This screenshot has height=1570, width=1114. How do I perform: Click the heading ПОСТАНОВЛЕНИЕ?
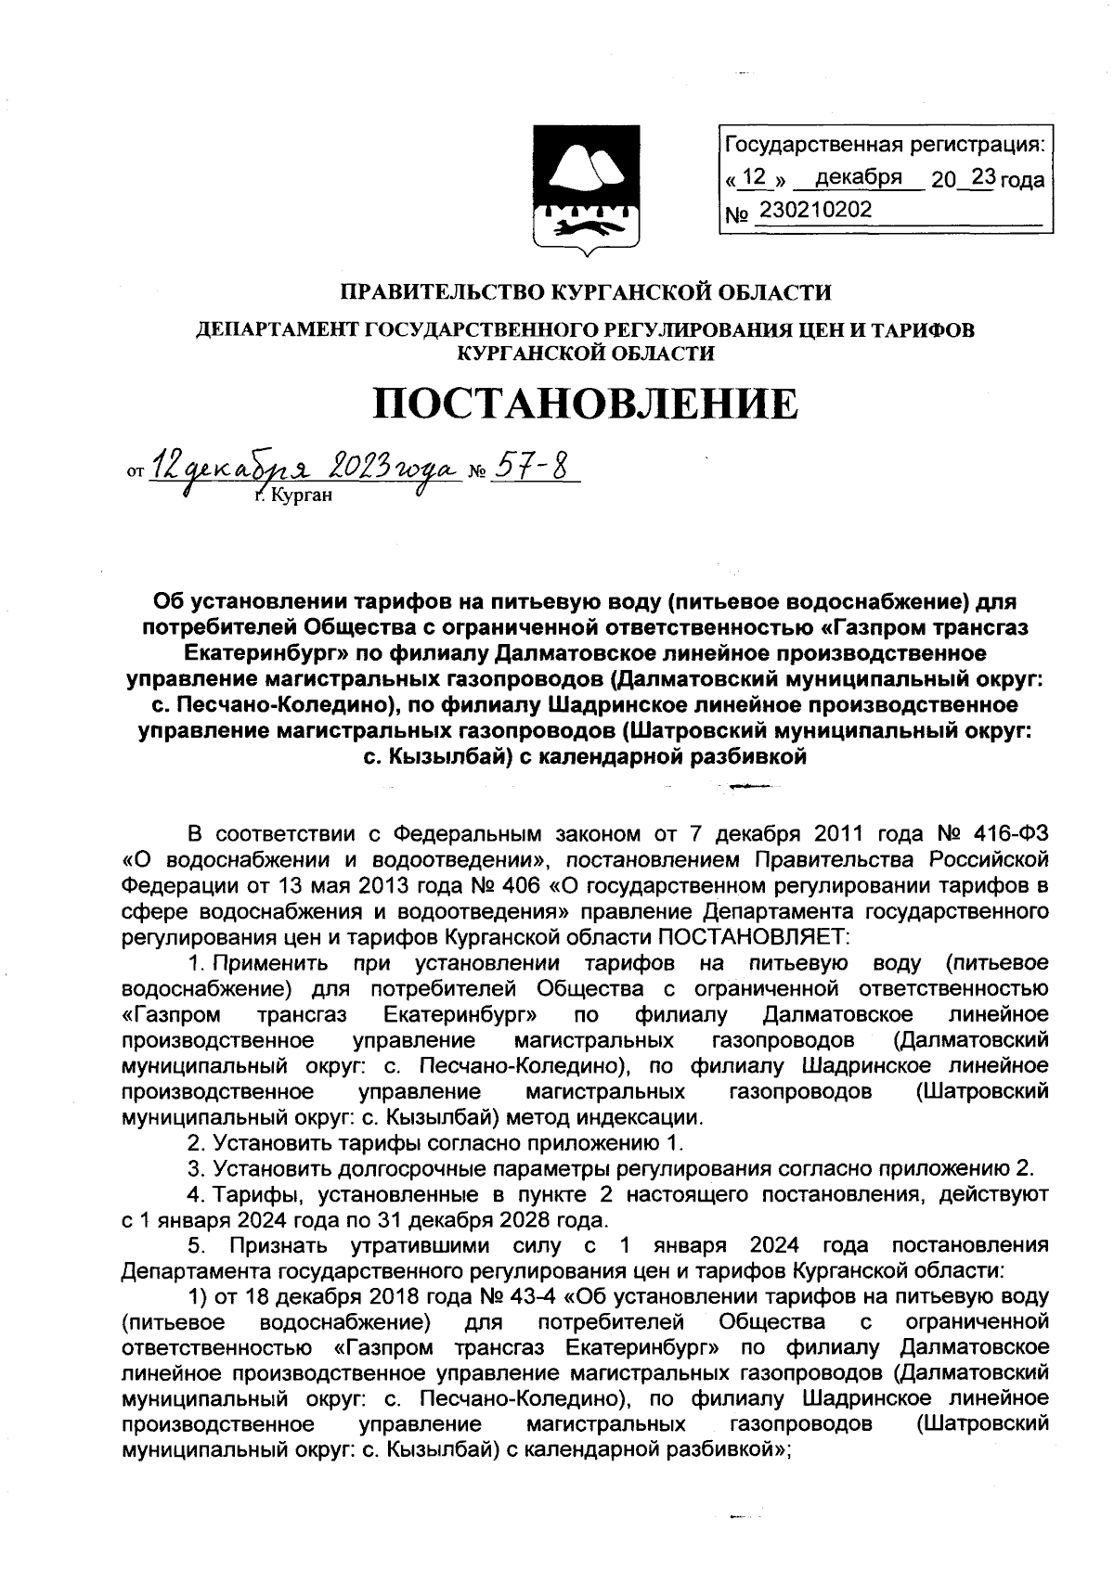585,404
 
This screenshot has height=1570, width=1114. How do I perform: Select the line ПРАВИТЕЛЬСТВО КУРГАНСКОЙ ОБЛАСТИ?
585,292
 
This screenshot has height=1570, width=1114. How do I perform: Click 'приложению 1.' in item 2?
617,1141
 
